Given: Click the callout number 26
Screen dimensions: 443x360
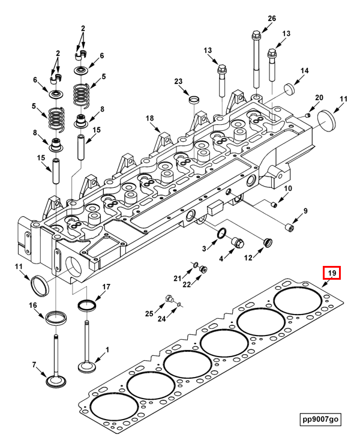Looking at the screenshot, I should tap(272, 19).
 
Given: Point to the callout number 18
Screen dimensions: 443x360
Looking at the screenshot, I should tap(150, 119).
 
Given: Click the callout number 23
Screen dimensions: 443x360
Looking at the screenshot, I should tap(178, 82).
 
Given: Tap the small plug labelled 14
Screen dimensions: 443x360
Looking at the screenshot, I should tap(290, 89).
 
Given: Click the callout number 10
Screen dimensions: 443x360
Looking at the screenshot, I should tap(288, 189).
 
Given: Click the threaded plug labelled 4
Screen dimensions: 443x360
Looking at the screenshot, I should tap(238, 243).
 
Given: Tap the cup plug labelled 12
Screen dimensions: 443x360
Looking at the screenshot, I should tap(268, 243).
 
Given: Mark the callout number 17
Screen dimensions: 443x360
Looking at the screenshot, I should tap(106, 287).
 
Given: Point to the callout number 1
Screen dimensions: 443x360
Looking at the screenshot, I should tap(107, 349).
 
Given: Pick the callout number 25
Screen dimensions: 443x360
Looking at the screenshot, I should tap(149, 313).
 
